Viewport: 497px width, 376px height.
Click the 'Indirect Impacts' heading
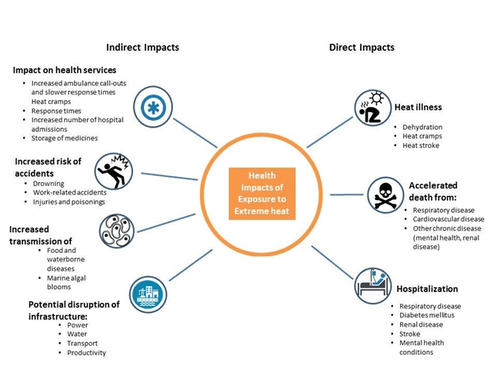(x=142, y=48)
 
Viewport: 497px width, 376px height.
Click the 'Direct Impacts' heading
(x=362, y=48)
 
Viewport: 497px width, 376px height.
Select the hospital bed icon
(x=375, y=285)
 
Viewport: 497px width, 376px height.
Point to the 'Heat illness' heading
(x=418, y=108)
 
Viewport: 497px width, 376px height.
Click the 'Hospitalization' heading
(x=427, y=289)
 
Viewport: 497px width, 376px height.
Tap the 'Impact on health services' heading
(x=65, y=70)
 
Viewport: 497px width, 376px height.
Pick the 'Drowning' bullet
(x=48, y=184)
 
